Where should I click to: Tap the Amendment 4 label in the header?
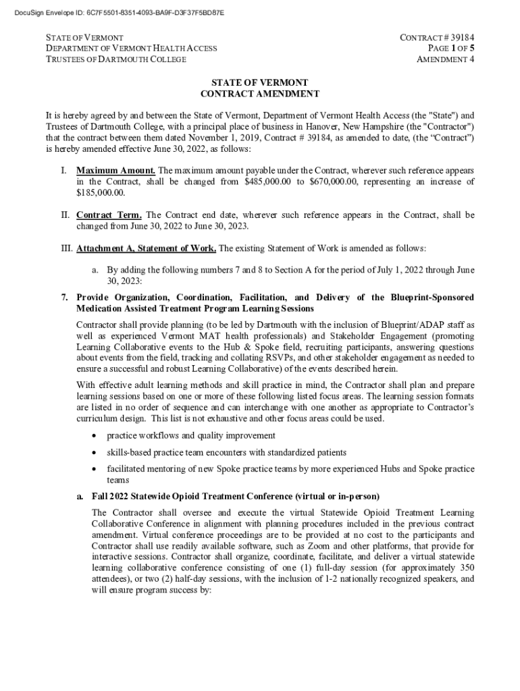[x=445, y=59]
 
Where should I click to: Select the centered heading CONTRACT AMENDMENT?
[x=260, y=94]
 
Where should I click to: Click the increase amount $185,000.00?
[x=101, y=193]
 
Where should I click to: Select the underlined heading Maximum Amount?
[x=115, y=170]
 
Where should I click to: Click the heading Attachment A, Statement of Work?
[x=146, y=248]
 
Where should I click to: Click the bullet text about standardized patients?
[x=227, y=451]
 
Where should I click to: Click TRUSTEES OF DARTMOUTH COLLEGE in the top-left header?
[x=115, y=59]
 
